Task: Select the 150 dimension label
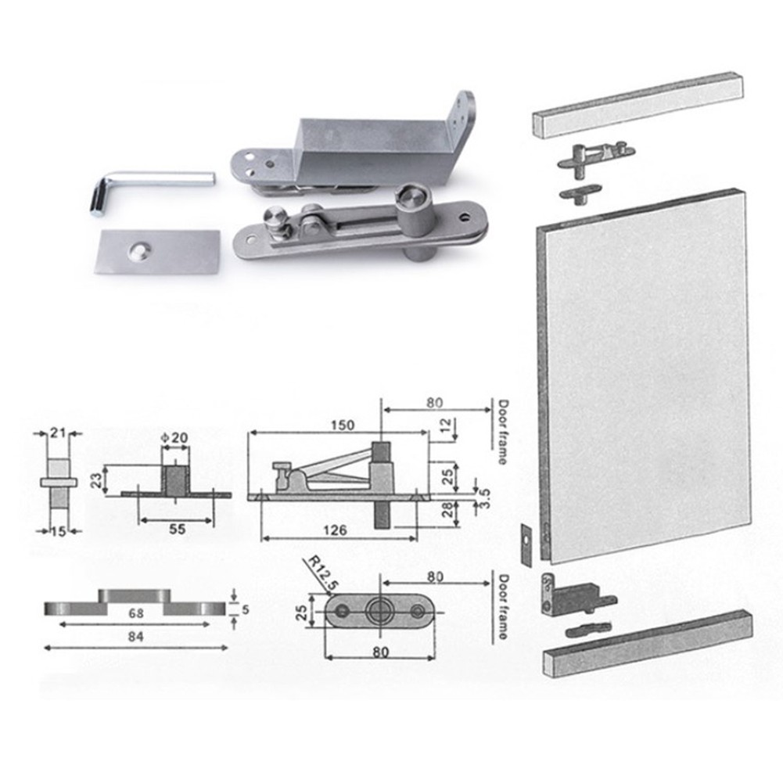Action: click(342, 426)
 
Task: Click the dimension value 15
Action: click(58, 531)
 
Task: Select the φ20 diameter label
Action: click(175, 439)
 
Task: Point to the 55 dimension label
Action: click(178, 530)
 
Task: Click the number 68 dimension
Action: click(135, 614)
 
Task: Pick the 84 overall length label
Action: click(135, 638)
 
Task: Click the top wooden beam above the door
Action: click(638, 103)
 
